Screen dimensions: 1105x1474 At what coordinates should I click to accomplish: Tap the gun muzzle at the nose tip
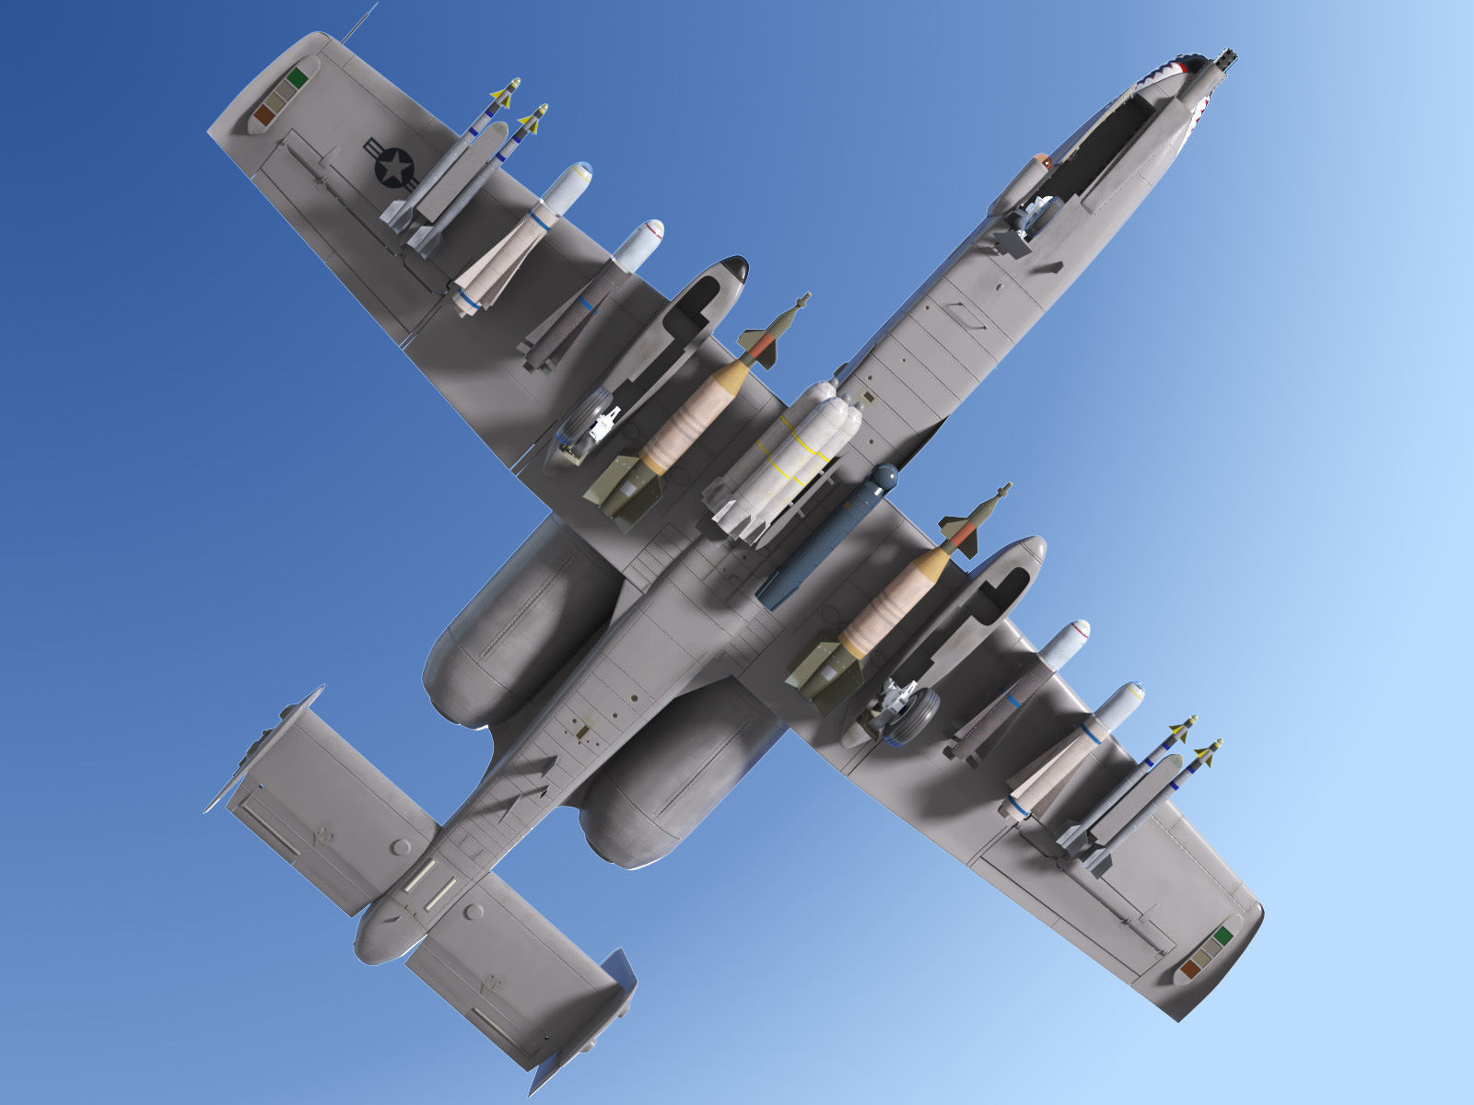coord(1226,58)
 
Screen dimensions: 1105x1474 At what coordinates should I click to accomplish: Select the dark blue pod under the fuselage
coord(825,538)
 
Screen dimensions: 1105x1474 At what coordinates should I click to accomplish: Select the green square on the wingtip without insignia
coord(1222,936)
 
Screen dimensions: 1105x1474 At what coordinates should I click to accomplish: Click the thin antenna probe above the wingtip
coord(361,22)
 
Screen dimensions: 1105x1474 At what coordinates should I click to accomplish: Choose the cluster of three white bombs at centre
coord(788,456)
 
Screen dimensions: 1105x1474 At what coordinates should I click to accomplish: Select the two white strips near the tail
coord(429,883)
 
